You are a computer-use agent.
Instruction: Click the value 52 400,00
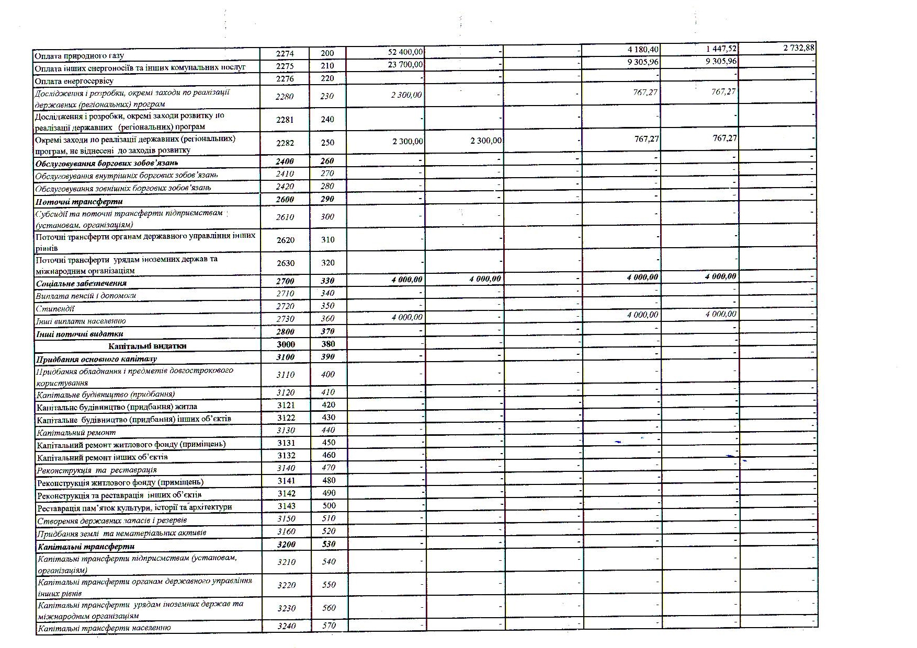tap(405, 52)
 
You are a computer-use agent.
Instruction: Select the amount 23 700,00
tap(405, 65)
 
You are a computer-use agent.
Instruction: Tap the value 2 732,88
tap(798, 48)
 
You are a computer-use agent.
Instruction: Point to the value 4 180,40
tap(642, 50)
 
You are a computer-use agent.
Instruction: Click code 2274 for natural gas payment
tap(285, 53)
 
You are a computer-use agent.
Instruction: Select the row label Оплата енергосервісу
tap(74, 81)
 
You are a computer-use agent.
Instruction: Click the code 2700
tap(285, 281)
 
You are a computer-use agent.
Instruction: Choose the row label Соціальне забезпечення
tap(81, 283)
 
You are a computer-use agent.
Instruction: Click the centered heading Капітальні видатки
tap(148, 346)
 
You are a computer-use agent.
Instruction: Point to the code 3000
tap(286, 344)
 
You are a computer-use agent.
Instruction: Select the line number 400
tap(327, 375)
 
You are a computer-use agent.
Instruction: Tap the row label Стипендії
tap(55, 309)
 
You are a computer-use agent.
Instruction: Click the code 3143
tap(286, 506)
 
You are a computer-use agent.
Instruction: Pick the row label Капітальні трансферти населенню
tap(104, 628)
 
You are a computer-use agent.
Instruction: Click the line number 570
tap(329, 626)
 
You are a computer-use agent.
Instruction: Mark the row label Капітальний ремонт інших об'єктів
tap(102, 457)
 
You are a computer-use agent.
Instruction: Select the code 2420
tap(285, 187)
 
